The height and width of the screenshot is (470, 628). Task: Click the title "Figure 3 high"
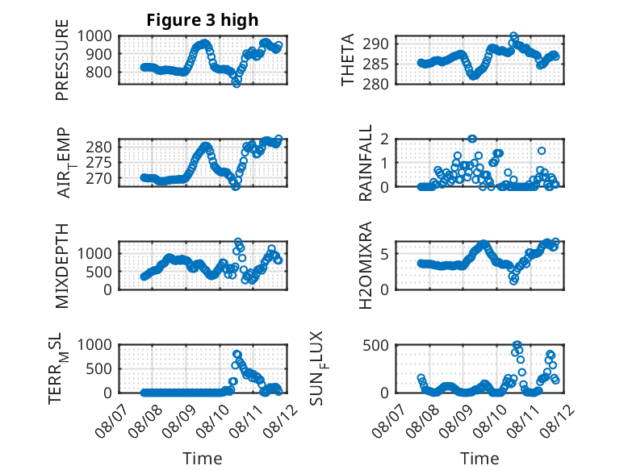click(203, 20)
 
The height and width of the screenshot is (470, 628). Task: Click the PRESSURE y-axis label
click(62, 60)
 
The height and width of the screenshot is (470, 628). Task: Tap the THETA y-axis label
click(348, 60)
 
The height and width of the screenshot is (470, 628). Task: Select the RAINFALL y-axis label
click(366, 163)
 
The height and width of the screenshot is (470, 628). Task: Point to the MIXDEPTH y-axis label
click(62, 265)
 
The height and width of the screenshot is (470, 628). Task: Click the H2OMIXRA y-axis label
click(366, 265)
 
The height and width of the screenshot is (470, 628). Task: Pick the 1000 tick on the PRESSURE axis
click(94, 36)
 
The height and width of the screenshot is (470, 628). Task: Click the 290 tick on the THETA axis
click(375, 44)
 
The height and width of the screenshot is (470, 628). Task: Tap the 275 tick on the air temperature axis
click(99, 163)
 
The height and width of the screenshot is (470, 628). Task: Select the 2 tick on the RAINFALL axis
click(385, 139)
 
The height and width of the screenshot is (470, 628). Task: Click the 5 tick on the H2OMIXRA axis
click(385, 254)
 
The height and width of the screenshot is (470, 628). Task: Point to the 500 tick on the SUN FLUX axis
click(375, 345)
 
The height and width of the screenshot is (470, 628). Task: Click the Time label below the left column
click(203, 458)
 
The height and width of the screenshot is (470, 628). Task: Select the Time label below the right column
click(479, 458)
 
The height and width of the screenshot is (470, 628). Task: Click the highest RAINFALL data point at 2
click(472, 139)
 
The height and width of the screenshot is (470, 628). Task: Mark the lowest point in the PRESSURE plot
click(237, 83)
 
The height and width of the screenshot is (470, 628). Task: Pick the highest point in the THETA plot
click(513, 36)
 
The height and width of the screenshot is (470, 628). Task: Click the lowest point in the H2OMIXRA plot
click(514, 281)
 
